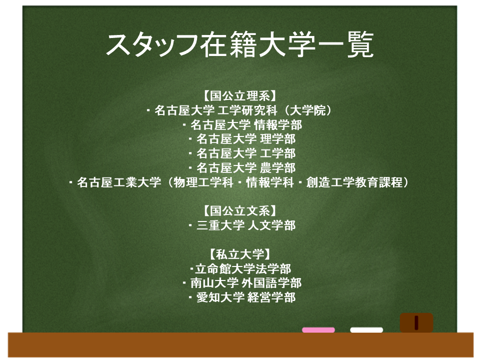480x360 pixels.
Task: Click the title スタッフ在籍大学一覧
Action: coord(239,44)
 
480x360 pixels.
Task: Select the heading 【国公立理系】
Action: coord(239,96)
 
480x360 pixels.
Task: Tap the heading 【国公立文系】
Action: coord(239,211)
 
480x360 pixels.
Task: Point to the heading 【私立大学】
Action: coord(239,254)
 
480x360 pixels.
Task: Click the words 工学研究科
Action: coord(247,110)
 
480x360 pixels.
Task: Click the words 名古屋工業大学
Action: coord(119,182)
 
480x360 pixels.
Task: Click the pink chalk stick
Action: coord(318,330)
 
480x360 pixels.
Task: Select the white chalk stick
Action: coord(366,330)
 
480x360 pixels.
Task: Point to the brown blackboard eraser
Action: coord(416,322)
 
